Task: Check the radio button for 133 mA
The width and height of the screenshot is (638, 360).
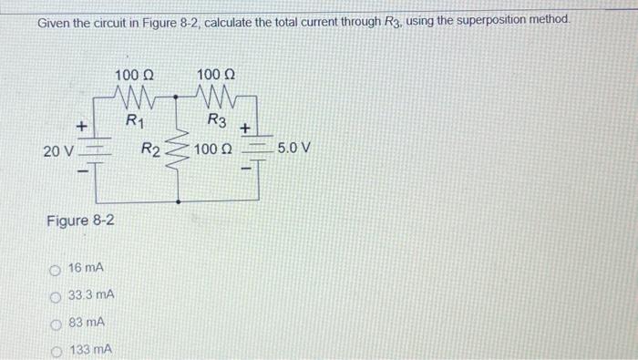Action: [x=57, y=350]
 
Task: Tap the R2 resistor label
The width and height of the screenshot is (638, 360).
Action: [x=150, y=149]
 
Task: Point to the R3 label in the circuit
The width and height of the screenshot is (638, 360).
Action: [x=217, y=119]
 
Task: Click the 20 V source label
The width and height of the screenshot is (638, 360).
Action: [x=57, y=150]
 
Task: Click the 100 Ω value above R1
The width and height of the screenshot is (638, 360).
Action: [x=134, y=74]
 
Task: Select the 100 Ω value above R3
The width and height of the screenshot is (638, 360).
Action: [x=216, y=74]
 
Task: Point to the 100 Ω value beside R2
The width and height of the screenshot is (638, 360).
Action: [x=214, y=148]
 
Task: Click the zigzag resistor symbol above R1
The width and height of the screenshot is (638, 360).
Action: [x=134, y=96]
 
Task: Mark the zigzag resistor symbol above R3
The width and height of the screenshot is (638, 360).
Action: [x=216, y=96]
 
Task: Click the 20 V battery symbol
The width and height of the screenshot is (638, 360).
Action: [x=96, y=150]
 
